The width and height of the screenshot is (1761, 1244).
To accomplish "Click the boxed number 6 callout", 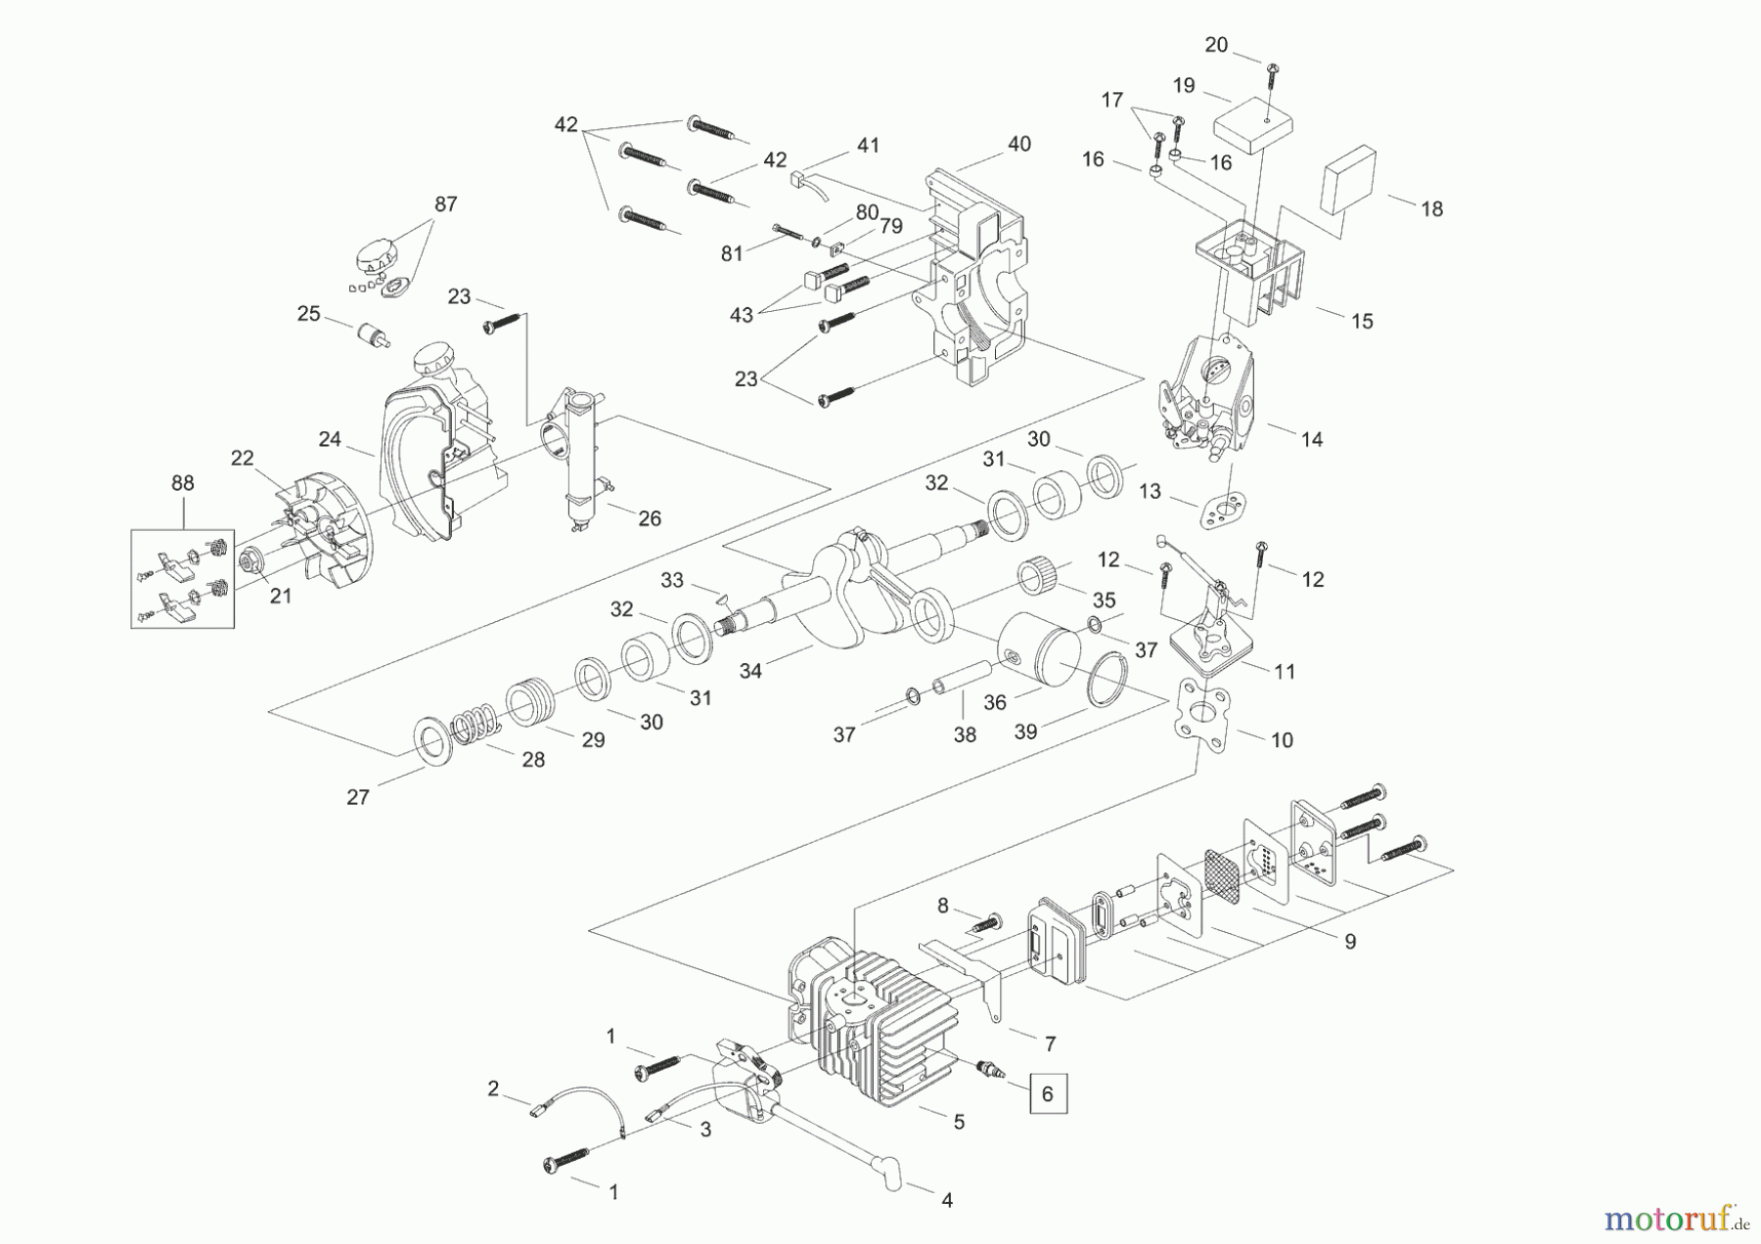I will point(1047,1093).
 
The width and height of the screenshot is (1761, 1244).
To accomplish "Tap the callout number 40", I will point(1018,144).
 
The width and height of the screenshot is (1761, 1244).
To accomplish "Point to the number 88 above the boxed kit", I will point(182,483).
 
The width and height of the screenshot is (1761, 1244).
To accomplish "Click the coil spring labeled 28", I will point(476,727).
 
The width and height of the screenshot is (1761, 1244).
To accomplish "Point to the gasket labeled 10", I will point(1202,718).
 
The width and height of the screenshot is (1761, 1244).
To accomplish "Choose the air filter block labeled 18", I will point(1349,180).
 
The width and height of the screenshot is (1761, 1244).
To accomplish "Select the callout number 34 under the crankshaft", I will point(750,672).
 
